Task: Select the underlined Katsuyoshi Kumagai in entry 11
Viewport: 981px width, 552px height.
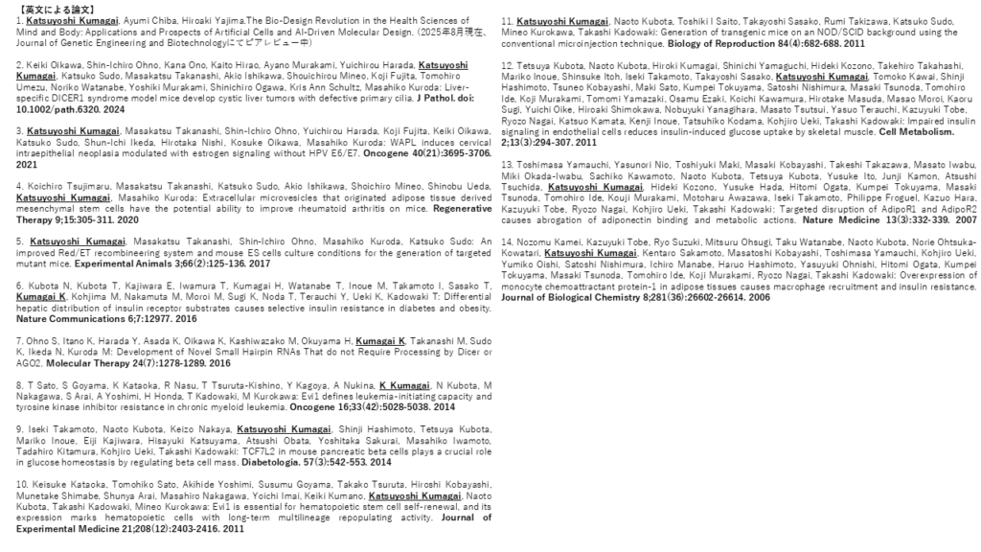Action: (x=561, y=20)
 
